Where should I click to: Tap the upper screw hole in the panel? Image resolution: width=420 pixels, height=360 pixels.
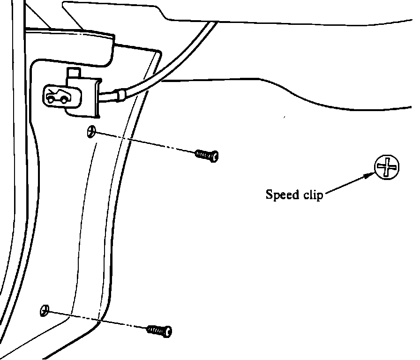(91, 132)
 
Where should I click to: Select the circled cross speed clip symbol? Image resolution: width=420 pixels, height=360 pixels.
(387, 167)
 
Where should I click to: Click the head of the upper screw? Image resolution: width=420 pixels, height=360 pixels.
(215, 156)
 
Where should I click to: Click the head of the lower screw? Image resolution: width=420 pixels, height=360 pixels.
(167, 332)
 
